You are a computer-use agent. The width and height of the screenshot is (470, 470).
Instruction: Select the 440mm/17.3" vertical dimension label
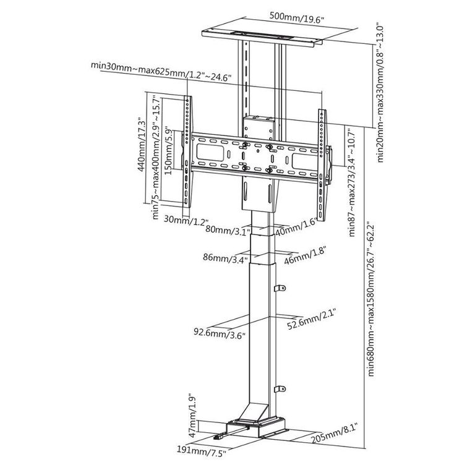pos(142,145)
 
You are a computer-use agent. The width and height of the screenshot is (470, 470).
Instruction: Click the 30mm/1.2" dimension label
pos(186,221)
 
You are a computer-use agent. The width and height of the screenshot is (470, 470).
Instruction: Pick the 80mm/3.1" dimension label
pos(228,230)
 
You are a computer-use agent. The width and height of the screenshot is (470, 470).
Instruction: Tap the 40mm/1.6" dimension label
pos(296,227)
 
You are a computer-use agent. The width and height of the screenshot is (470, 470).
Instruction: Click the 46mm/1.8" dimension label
pos(305,255)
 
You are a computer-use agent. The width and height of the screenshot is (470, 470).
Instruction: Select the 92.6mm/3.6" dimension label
pos(220,333)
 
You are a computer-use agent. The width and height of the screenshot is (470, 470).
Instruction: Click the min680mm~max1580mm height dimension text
pos(372,299)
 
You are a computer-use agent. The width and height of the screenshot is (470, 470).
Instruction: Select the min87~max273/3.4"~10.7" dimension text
pos(352,182)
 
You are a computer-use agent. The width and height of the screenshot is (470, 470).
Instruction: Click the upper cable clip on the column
pos(280,288)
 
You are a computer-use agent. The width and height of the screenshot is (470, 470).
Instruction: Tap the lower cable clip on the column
pos(280,389)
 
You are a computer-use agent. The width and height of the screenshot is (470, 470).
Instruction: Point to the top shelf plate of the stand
pos(262,37)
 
